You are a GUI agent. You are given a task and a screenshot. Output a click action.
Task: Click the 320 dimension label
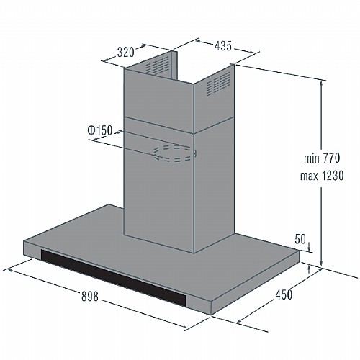125,52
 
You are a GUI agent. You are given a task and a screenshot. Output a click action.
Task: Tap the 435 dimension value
223,45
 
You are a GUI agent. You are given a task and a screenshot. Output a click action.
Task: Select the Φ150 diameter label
100,130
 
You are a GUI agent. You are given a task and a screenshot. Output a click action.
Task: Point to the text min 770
322,158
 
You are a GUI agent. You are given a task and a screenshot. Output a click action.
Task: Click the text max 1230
322,176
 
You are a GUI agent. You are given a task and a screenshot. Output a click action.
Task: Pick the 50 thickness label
300,239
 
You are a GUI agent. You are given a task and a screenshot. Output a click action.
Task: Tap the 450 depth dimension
284,294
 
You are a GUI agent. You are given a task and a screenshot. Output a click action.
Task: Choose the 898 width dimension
90,296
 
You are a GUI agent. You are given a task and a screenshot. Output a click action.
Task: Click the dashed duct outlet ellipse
175,153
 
